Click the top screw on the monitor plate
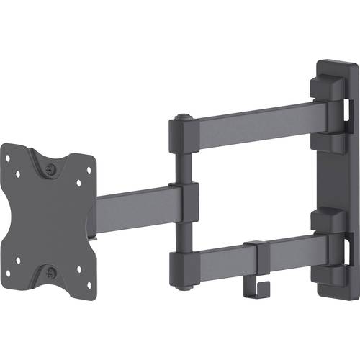pyautogui.click(x=50, y=169)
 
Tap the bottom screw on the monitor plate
pyautogui.click(x=50, y=272)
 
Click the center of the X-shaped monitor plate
pyautogui.click(x=49, y=220)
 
